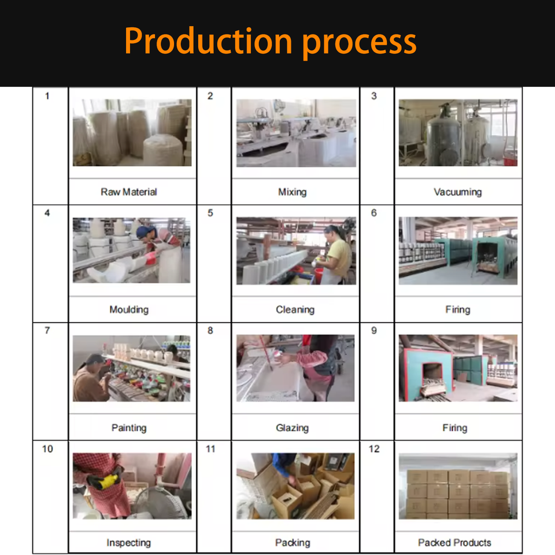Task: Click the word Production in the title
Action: [x=208, y=42]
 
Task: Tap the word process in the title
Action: [x=359, y=45]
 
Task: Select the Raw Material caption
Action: [x=129, y=192]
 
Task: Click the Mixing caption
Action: [x=293, y=192]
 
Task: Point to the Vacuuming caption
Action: [x=458, y=192]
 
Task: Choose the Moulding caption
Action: [x=129, y=310]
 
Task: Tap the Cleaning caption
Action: [x=295, y=310]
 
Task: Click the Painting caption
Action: [x=129, y=428]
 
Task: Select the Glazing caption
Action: [x=293, y=428]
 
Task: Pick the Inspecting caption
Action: [x=129, y=543]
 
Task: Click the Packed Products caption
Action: [x=454, y=543]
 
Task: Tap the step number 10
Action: [x=47, y=449]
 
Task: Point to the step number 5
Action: [x=210, y=213]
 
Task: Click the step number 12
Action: [x=374, y=449]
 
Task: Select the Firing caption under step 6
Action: [x=458, y=310]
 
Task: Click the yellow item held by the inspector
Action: [x=108, y=481]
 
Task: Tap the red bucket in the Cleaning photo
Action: [x=318, y=276]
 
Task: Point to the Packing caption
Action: [x=293, y=543]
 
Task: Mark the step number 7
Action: [x=47, y=331]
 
